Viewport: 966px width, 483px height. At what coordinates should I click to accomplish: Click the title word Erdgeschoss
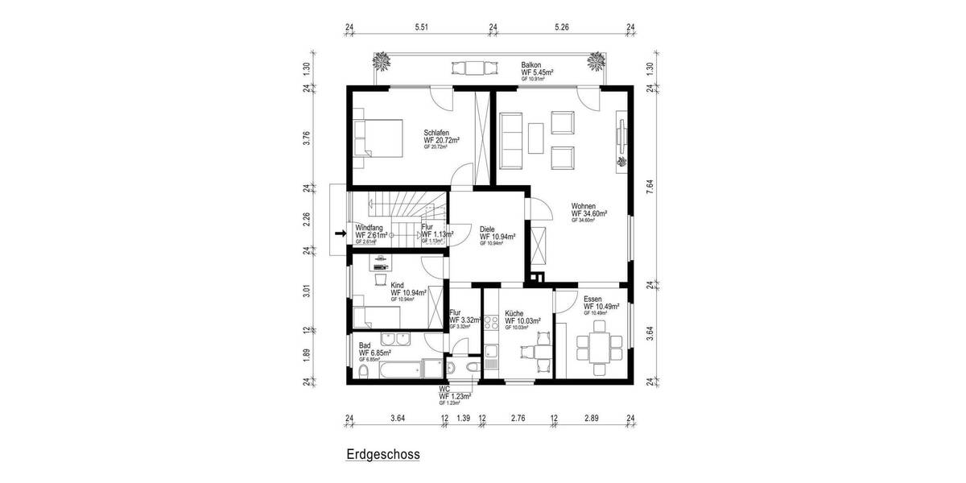(383, 454)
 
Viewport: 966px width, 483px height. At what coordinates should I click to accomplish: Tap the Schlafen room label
(436, 133)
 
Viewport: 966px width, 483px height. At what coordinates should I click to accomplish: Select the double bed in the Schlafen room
(378, 141)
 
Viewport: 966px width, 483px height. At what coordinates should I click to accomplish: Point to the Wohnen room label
(584, 206)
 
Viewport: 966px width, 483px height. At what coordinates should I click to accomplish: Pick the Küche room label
(515, 313)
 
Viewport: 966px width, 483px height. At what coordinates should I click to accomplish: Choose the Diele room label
(487, 229)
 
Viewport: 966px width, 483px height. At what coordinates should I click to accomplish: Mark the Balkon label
(531, 65)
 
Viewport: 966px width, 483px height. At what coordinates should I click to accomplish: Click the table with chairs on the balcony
(465, 68)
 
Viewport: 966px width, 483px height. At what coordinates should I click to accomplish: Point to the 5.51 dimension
(421, 27)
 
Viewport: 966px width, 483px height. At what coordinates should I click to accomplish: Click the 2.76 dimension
(518, 419)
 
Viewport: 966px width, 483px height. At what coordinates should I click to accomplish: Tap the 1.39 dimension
(463, 419)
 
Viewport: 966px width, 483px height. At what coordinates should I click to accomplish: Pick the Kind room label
(397, 285)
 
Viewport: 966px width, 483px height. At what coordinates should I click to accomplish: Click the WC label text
(444, 388)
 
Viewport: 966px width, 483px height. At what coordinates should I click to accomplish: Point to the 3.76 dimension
(306, 138)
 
